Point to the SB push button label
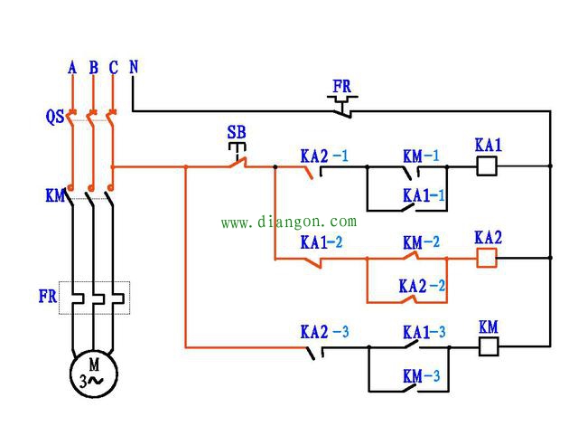coord(237,132)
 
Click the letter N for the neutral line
coord(134,67)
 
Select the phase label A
coord(72,68)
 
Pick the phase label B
coord(94,68)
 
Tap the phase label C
coord(114,68)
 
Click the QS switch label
coord(55,117)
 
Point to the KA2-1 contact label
coord(324,156)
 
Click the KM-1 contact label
coord(421,156)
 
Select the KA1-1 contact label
coord(424,195)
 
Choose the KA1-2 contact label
coord(322,242)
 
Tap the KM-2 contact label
coord(421,242)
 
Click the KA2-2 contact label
coord(422,286)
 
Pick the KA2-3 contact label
coord(324,332)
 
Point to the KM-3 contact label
coord(422,376)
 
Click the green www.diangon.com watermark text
coord(289,222)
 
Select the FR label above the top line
coord(341,87)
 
